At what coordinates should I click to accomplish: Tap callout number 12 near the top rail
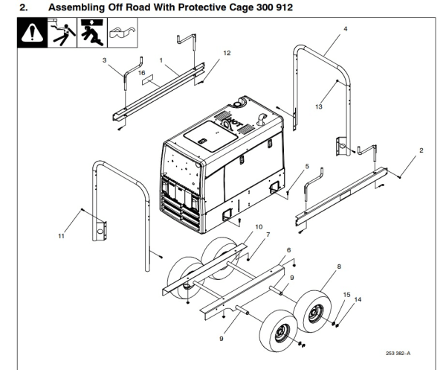click(227, 53)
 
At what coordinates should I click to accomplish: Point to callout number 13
click(318, 107)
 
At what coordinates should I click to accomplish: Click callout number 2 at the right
click(421, 150)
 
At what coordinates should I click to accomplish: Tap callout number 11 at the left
click(60, 236)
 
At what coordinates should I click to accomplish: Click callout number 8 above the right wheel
click(339, 265)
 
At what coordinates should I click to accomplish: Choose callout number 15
click(346, 295)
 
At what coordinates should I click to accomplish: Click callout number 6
click(288, 250)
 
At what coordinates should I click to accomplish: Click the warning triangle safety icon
click(31, 34)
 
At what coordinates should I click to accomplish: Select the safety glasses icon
click(123, 34)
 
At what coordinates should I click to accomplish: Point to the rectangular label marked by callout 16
click(151, 86)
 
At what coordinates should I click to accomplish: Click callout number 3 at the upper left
click(105, 58)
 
